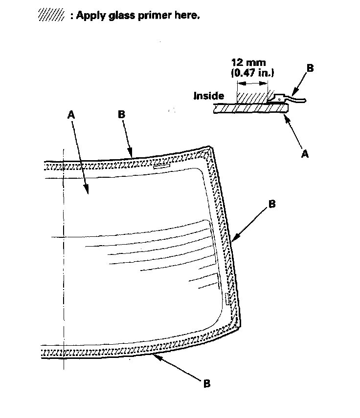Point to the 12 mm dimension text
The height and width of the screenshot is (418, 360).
(248, 63)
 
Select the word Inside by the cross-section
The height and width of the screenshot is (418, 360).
(209, 96)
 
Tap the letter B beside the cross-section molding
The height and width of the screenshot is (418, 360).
(310, 68)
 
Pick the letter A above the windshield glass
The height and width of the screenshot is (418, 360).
(71, 114)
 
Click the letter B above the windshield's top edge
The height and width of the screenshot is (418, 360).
(121, 114)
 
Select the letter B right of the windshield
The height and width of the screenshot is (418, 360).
(272, 204)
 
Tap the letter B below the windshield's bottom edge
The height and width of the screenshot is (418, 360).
(207, 383)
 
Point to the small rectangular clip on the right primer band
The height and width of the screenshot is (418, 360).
(227, 299)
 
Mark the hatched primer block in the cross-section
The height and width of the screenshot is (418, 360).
(252, 95)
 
